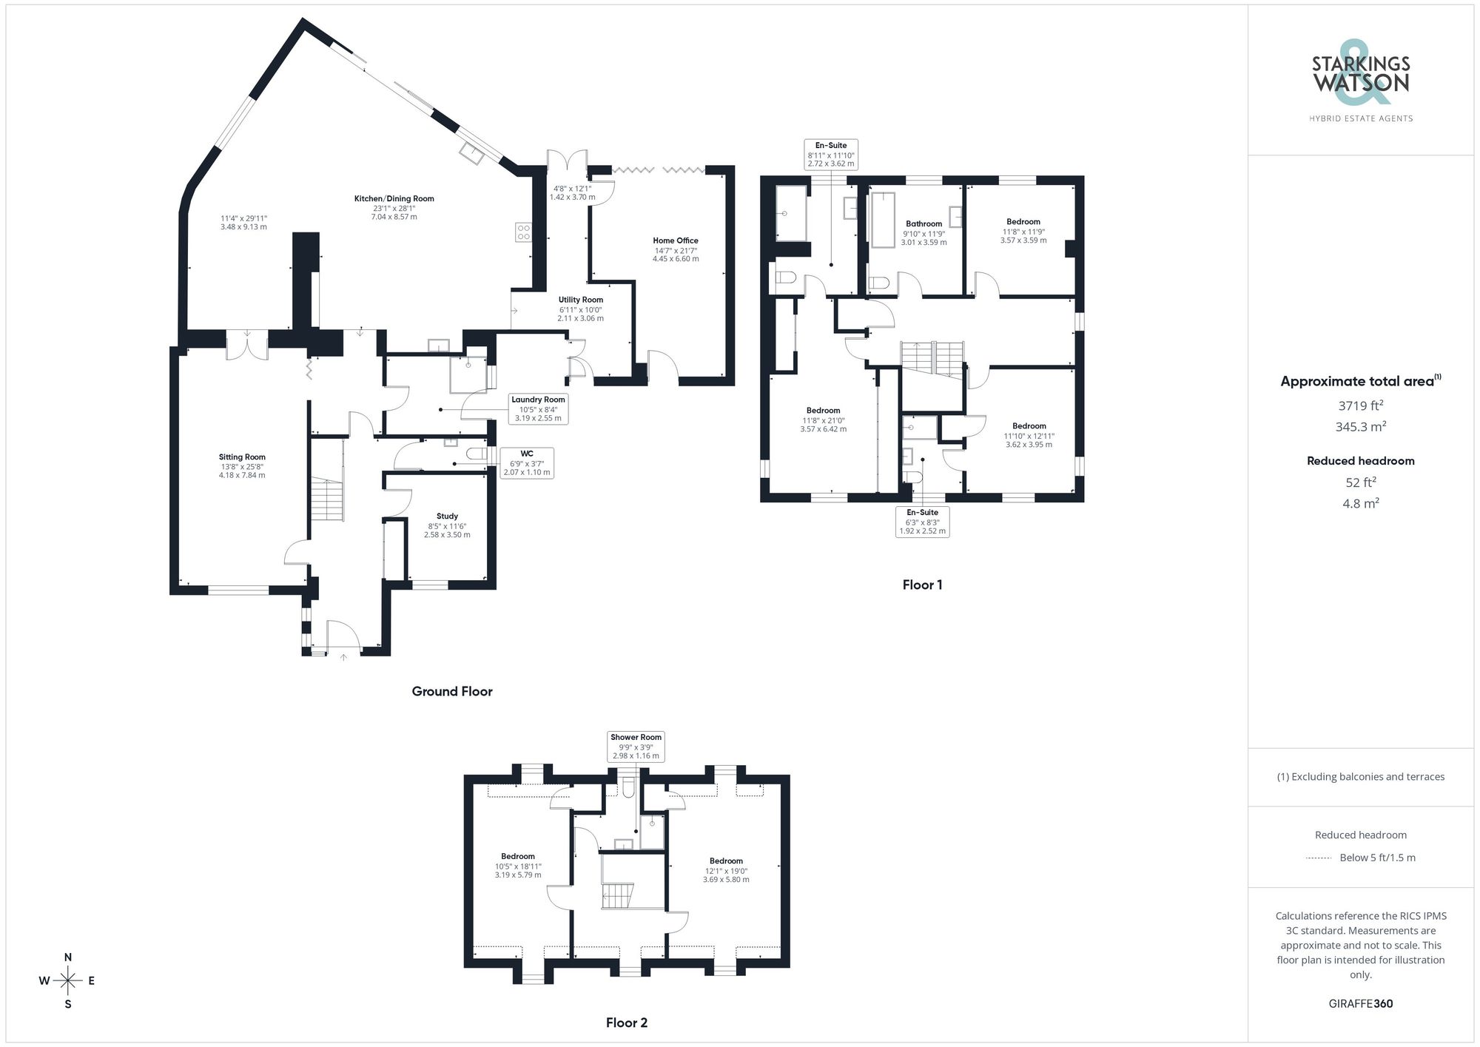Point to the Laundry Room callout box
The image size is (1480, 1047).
click(538, 408)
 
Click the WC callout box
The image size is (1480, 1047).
click(526, 462)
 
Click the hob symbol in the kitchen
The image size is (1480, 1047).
click(523, 232)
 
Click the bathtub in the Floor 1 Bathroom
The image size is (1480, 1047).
click(882, 220)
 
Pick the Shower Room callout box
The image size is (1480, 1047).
click(636, 746)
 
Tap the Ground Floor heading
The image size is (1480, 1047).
click(452, 691)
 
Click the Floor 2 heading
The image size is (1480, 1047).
click(626, 1023)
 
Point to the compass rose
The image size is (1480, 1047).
click(68, 981)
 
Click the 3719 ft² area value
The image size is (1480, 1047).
click(1360, 405)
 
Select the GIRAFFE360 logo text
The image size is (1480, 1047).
click(1360, 1003)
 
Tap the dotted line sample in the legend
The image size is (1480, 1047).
click(1319, 858)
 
